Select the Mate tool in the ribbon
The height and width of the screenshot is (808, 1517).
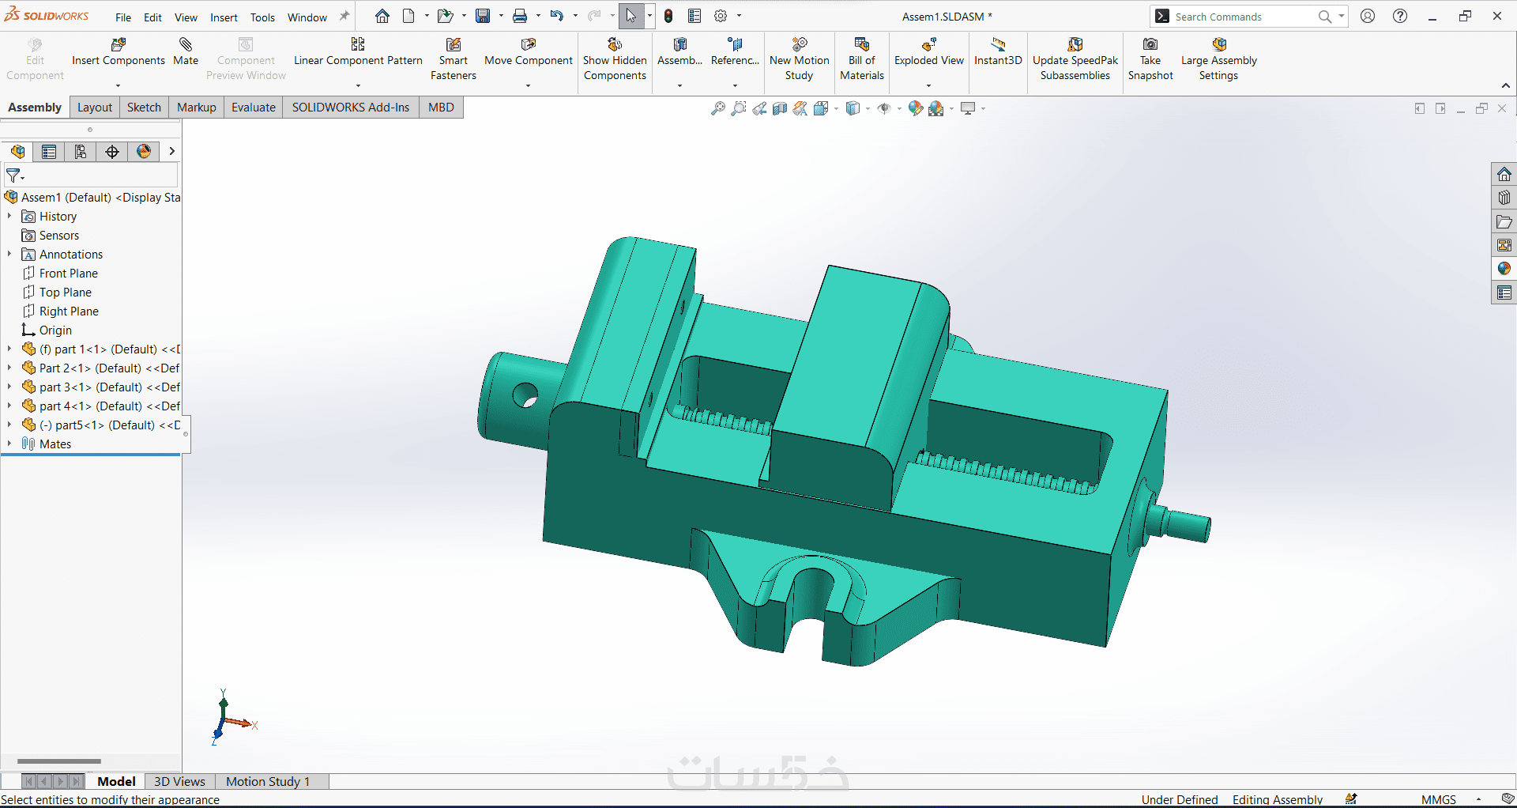186,52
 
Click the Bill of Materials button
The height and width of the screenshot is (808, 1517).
862,59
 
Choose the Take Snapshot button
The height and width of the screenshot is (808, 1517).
1150,59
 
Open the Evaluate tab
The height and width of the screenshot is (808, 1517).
254,108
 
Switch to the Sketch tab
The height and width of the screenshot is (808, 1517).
144,108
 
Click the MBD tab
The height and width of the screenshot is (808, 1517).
441,108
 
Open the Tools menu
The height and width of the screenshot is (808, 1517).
262,17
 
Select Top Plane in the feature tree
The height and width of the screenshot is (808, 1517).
65,293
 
